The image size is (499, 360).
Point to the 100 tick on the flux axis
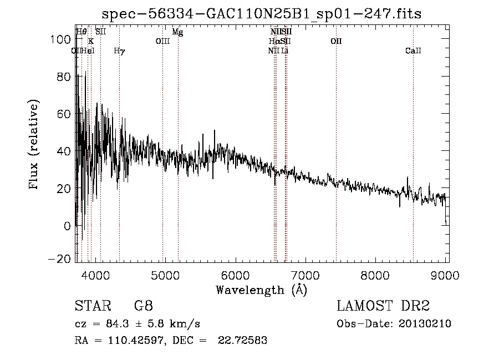[x=63, y=39]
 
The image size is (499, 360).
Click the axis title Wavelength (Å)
[x=261, y=290]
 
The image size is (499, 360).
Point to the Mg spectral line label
[x=177, y=32]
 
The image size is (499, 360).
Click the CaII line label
[x=413, y=51]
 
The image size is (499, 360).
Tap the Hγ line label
[x=119, y=51]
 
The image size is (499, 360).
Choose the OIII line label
[x=162, y=42]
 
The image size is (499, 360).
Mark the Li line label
[x=285, y=51]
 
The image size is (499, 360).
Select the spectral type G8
[x=143, y=306]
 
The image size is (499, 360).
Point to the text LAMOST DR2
[x=383, y=306]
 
